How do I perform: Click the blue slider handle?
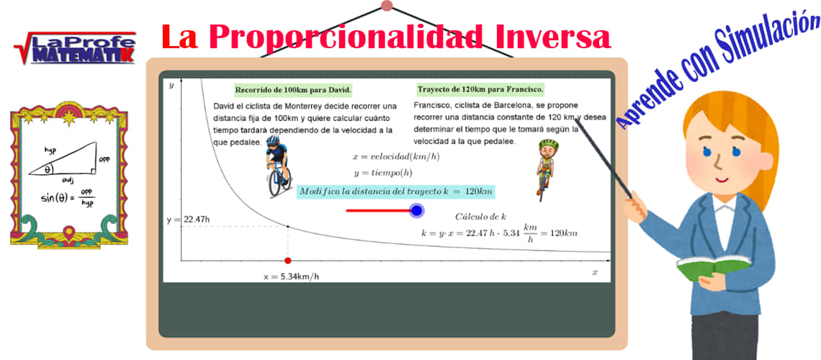[x=416, y=210]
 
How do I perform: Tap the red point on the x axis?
[x=288, y=261]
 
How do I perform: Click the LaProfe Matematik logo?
[x=74, y=48]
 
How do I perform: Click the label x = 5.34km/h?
[x=291, y=276]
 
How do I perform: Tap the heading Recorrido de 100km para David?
[x=293, y=91]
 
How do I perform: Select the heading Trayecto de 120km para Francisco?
[x=480, y=90]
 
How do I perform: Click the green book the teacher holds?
[x=709, y=269]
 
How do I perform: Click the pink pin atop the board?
[x=387, y=6]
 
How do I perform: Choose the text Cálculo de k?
[x=480, y=217]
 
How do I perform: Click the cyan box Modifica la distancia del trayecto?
[x=396, y=192]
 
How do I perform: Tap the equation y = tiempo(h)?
[x=382, y=173]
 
